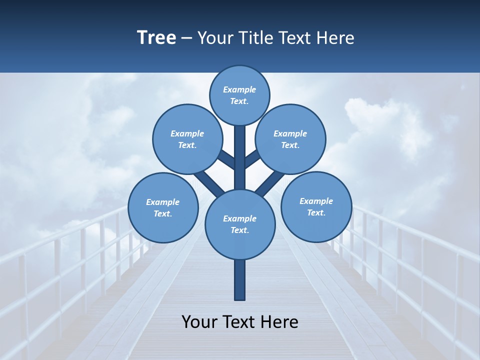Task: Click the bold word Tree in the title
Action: pyautogui.click(x=156, y=37)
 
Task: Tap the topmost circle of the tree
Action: pyautogui.click(x=239, y=95)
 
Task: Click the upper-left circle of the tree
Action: pyautogui.click(x=187, y=139)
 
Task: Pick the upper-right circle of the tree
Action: pyautogui.click(x=290, y=139)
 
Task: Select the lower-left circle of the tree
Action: pyautogui.click(x=163, y=207)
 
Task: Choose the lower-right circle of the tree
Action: pyautogui.click(x=316, y=206)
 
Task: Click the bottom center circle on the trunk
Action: pyautogui.click(x=240, y=224)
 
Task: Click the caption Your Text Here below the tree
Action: pyautogui.click(x=240, y=321)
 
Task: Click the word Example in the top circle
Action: pyautogui.click(x=239, y=89)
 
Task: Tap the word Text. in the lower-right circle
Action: pyautogui.click(x=316, y=212)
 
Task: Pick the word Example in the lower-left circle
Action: pyautogui.click(x=162, y=202)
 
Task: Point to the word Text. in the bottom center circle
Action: pyautogui.click(x=239, y=230)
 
